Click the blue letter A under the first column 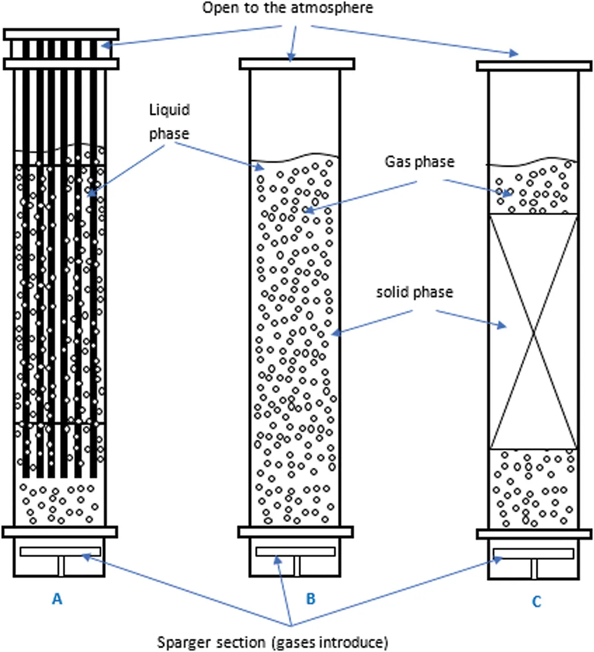point(57,599)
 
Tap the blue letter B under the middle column point(310,598)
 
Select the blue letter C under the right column point(537,602)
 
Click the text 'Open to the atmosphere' point(287,8)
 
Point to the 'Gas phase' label point(419,162)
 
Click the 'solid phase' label point(414,292)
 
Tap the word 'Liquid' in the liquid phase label point(169,110)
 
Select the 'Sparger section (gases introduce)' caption point(272,642)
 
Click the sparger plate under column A point(60,551)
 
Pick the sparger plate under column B point(296,551)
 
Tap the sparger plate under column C point(533,553)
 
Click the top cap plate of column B point(297,64)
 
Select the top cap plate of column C point(534,66)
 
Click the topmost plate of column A point(61,34)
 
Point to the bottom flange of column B point(296,532)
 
